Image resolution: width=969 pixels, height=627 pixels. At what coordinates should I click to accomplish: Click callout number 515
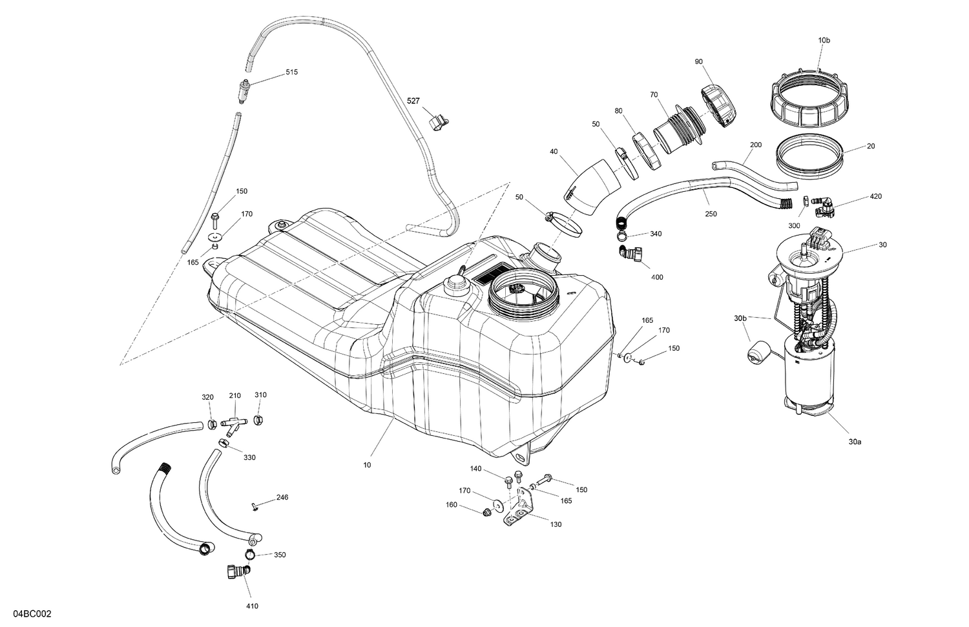tap(292, 72)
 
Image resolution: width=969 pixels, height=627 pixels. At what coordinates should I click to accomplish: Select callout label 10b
tap(824, 40)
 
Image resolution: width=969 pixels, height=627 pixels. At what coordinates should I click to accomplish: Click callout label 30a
tap(855, 442)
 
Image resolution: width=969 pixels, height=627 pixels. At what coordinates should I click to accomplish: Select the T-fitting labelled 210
tap(234, 424)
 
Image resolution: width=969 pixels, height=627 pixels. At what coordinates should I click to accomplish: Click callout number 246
tap(282, 497)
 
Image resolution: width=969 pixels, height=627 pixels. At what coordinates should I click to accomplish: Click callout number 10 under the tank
tap(367, 464)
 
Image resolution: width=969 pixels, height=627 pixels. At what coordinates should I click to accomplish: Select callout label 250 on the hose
tap(711, 214)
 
